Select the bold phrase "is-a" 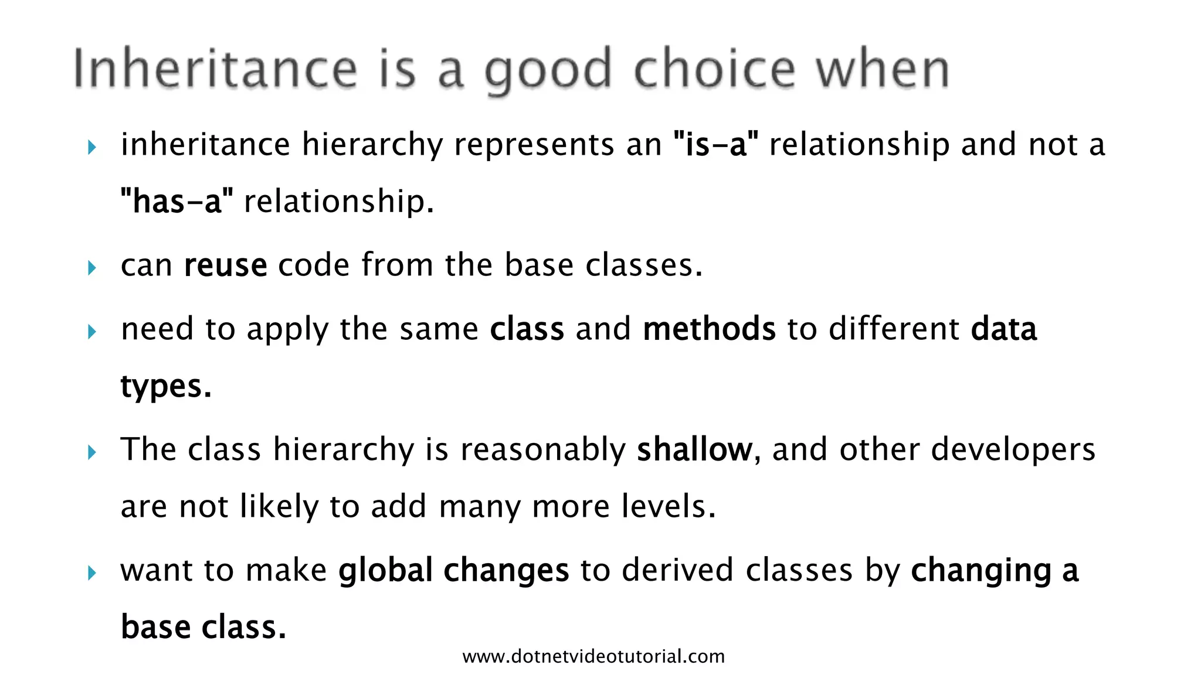[716, 144]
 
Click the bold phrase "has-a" [177, 202]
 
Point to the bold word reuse [226, 265]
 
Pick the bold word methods [709, 328]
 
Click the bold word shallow [694, 449]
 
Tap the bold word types [165, 386]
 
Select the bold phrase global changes [453, 570]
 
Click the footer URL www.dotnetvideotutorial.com [593, 656]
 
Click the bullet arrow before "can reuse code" [92, 268]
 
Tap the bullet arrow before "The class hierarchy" [92, 452]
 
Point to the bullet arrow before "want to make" [92, 573]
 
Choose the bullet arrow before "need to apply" [92, 332]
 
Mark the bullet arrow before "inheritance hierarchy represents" [92, 148]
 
